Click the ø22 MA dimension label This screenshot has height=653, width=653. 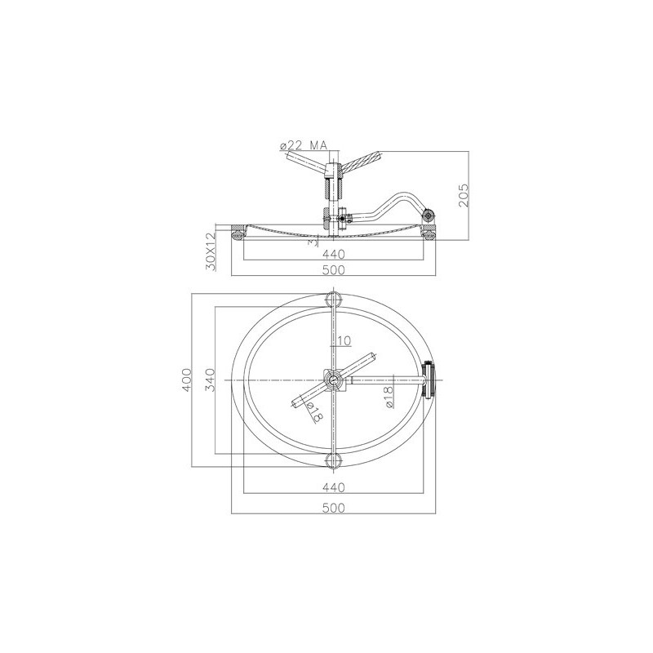point(304,145)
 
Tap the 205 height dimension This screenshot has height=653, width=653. point(463,195)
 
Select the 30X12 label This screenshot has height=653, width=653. point(212,251)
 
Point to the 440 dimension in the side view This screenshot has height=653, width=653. point(334,254)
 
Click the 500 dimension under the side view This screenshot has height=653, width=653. point(334,270)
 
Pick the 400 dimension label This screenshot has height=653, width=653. point(187,380)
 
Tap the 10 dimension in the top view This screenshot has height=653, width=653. point(344,340)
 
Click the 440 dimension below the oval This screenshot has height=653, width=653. point(334,486)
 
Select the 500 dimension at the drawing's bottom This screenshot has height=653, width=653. point(334,508)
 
